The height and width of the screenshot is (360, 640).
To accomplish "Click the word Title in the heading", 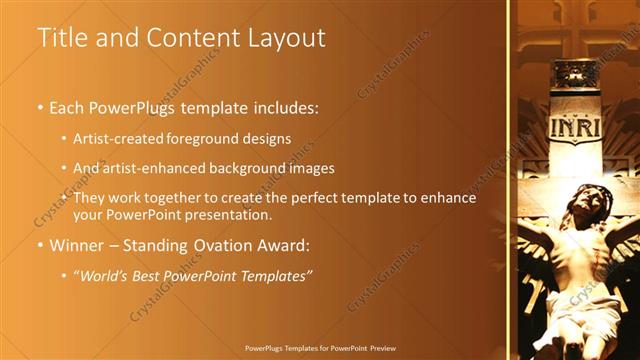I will point(59,38).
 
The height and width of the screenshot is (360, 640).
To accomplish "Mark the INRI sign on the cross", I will point(575,128).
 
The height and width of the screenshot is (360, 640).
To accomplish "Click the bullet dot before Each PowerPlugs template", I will point(40,106).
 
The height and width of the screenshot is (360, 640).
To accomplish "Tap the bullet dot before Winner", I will point(40,246).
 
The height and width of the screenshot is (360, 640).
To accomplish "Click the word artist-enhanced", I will point(153,168).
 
